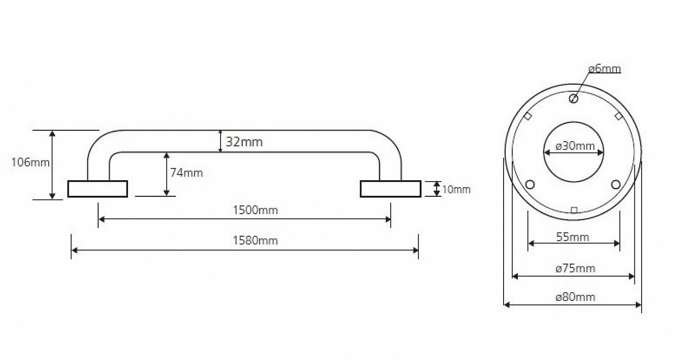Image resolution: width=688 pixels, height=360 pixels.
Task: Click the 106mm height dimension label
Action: pyautogui.click(x=30, y=162)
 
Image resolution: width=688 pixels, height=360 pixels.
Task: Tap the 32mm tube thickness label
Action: pyautogui.click(x=244, y=142)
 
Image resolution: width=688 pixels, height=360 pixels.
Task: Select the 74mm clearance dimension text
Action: pyautogui.click(x=186, y=173)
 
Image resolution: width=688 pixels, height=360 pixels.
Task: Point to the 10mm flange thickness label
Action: pyautogui.click(x=456, y=189)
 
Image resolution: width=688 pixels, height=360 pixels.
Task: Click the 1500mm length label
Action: pyautogui.click(x=255, y=210)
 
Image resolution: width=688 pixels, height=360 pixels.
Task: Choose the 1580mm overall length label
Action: pyautogui.click(x=255, y=240)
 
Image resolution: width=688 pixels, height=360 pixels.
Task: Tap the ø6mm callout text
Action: pyautogui.click(x=605, y=69)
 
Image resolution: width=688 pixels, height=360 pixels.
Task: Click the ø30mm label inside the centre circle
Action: pyautogui.click(x=575, y=146)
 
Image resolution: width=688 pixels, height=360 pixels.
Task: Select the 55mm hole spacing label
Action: pyautogui.click(x=572, y=237)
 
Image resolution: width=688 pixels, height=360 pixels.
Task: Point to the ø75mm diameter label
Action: pyautogui.click(x=575, y=269)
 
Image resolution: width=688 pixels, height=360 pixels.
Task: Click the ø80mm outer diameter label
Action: pyautogui.click(x=575, y=297)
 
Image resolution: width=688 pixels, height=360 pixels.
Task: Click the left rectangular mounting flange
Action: pyautogui.click(x=98, y=189)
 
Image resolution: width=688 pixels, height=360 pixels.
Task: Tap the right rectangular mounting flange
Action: pyautogui.click(x=390, y=189)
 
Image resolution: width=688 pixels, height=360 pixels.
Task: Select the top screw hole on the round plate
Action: pyautogui.click(x=573, y=99)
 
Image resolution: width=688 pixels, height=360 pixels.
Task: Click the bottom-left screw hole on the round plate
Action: pyautogui.click(x=530, y=185)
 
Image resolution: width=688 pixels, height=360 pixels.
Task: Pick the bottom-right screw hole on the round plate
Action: pyautogui.click(x=616, y=185)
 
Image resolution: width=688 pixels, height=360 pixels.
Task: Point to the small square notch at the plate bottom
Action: pyautogui.click(x=574, y=210)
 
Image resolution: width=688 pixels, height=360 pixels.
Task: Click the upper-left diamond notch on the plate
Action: pyautogui.click(x=528, y=116)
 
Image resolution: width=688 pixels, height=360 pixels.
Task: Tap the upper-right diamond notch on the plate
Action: pyautogui.click(x=618, y=116)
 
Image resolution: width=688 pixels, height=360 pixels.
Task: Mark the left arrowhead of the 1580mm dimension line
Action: pyautogui.click(x=74, y=250)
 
